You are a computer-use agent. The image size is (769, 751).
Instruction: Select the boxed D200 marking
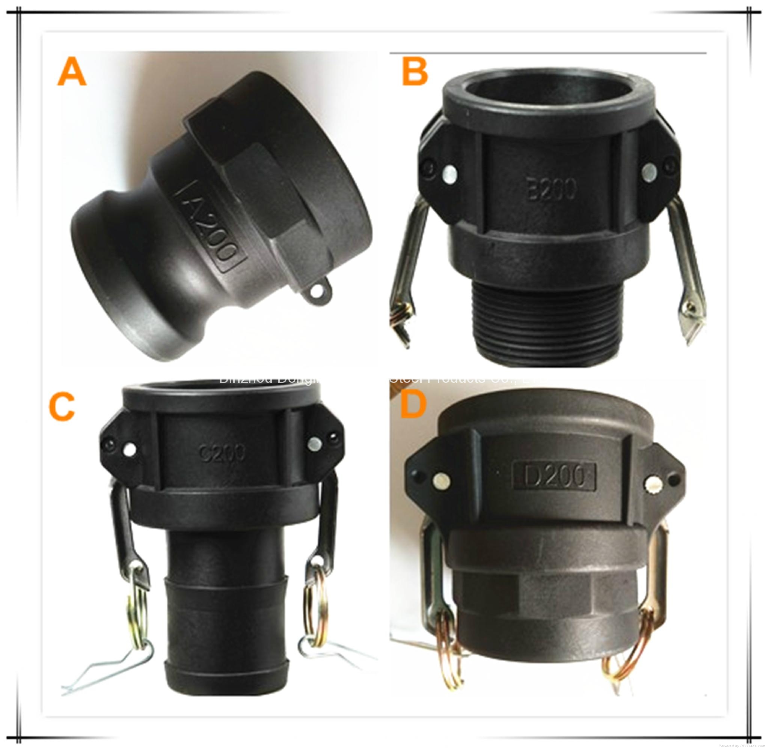coord(553,477)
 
